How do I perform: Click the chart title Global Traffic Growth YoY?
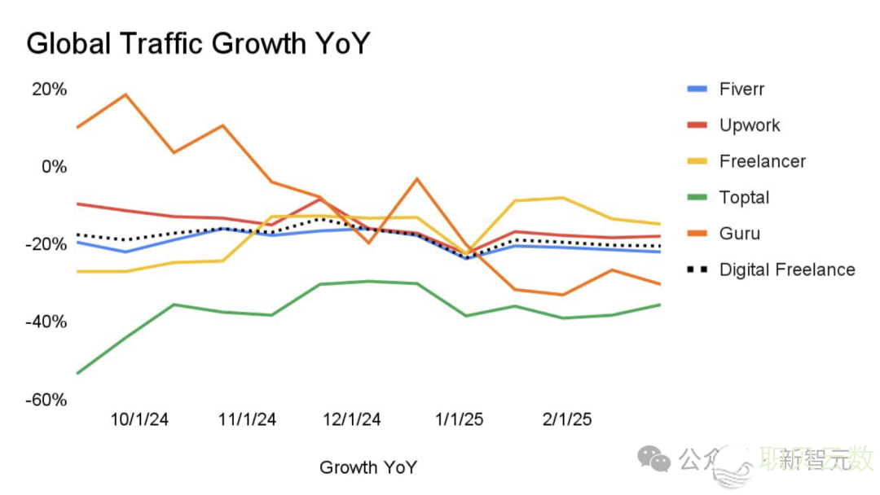pos(198,43)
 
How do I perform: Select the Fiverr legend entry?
pos(741,89)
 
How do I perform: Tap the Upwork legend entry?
pos(749,125)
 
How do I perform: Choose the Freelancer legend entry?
pos(762,161)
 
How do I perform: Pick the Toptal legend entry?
pos(744,197)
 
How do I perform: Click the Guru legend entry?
pos(739,234)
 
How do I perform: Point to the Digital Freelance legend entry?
pos(786,269)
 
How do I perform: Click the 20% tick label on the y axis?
pos(49,89)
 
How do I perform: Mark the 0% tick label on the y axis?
pos(54,166)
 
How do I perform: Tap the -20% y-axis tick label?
pos(47,244)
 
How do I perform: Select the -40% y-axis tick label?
pos(47,322)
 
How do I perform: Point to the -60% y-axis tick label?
pos(47,400)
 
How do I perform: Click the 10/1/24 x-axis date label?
pos(139,420)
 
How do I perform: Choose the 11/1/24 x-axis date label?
pos(247,420)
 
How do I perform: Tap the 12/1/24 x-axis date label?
pos(351,420)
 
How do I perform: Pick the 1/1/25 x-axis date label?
pos(459,420)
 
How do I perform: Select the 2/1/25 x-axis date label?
pos(567,420)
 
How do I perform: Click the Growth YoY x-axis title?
pos(368,467)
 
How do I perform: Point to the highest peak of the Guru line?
pos(125,94)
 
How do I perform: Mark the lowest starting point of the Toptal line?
pos(77,373)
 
